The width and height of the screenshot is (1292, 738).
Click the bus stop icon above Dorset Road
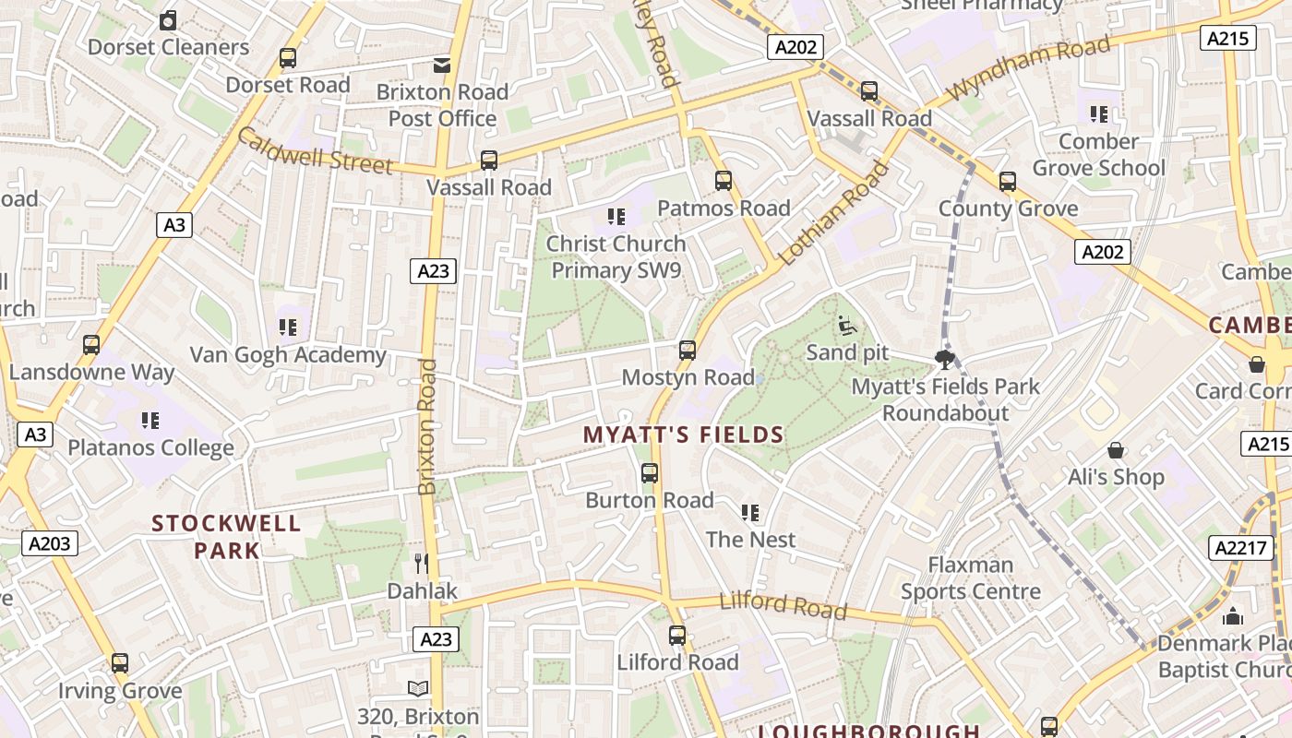(288, 58)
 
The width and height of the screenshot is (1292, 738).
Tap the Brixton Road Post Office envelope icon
(442, 65)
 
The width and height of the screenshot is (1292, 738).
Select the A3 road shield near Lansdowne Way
(33, 434)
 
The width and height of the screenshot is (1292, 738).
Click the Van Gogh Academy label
(288, 355)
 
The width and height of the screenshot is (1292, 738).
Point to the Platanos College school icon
(150, 421)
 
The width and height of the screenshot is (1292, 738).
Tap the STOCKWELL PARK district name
(226, 537)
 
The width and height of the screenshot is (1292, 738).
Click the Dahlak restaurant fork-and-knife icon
(422, 563)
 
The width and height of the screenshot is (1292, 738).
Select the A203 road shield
(50, 543)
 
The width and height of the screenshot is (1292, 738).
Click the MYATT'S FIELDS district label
(683, 434)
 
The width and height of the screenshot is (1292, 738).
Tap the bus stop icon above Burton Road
(650, 473)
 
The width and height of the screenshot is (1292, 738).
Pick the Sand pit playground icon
(846, 325)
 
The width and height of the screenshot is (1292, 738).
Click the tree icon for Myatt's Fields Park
(944, 359)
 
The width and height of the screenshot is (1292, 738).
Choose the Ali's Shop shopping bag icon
(1116, 450)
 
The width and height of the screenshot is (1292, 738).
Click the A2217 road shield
(1241, 548)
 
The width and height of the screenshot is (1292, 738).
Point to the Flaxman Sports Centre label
(970, 577)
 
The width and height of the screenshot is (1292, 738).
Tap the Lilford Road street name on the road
(783, 605)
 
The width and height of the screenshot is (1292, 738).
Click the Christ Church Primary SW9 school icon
(616, 217)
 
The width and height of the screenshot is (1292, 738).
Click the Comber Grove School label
(1098, 155)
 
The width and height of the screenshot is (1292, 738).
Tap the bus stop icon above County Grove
(1008, 182)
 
